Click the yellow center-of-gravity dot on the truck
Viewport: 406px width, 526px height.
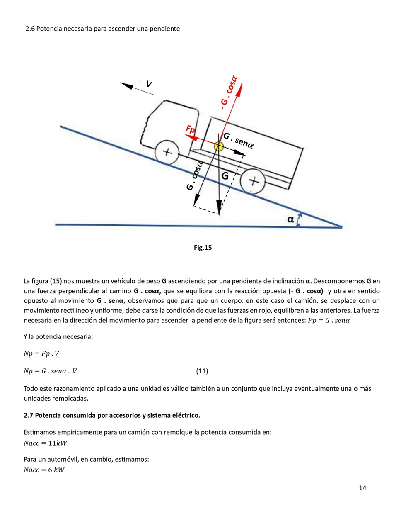[219, 146]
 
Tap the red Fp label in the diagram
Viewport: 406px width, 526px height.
[191, 129]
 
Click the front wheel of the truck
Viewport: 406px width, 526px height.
[167, 152]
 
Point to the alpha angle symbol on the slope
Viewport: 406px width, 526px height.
[291, 219]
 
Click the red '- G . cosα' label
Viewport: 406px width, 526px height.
[229, 93]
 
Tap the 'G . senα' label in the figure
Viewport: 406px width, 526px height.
[239, 140]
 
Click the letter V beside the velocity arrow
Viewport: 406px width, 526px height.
[149, 84]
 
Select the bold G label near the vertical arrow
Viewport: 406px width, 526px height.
[225, 175]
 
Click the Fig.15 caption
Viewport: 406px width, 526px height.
[203, 248]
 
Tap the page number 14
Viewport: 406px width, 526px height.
[362, 488]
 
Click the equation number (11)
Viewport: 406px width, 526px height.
[202, 371]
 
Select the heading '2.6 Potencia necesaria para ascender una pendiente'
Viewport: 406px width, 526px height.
[103, 29]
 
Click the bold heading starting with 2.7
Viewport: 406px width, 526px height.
[112, 415]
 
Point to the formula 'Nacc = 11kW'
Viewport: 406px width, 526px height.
[45, 443]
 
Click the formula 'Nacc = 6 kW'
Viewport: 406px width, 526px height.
[44, 470]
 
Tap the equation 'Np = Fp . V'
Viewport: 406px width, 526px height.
[41, 353]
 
